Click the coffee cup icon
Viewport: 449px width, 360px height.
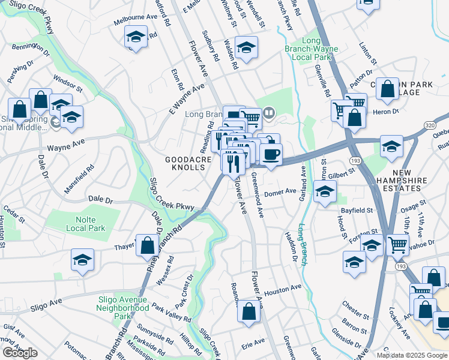coord(271,154)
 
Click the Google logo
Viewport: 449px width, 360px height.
coord(20,353)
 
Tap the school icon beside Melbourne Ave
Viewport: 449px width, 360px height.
coord(136,37)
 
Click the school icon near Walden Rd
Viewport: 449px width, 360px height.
coord(246,47)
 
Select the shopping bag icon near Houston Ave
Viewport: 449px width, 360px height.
coord(249,311)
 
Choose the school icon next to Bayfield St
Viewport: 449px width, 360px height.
coord(325,193)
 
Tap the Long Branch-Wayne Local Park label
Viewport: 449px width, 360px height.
coord(311,49)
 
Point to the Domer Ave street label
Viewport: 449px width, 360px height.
coord(280,192)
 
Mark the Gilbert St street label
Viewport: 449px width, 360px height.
coord(343,174)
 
